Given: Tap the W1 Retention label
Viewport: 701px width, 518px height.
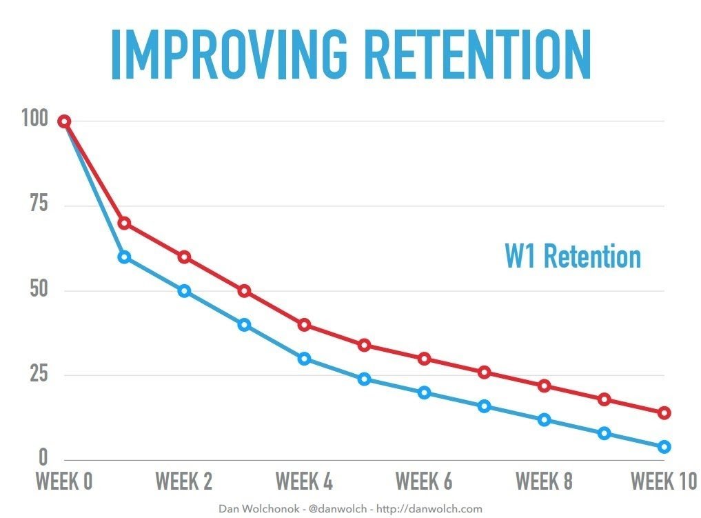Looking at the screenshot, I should pos(572,257).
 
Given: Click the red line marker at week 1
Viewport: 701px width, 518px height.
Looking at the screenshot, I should pos(124,223).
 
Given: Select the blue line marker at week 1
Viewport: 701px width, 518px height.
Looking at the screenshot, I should pos(124,257).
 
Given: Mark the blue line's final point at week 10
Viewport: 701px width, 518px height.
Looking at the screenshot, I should pos(664,447).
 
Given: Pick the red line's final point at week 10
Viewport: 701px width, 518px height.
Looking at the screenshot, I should pos(664,413).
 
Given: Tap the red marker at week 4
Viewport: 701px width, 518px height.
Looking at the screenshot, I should pos(304,325).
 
